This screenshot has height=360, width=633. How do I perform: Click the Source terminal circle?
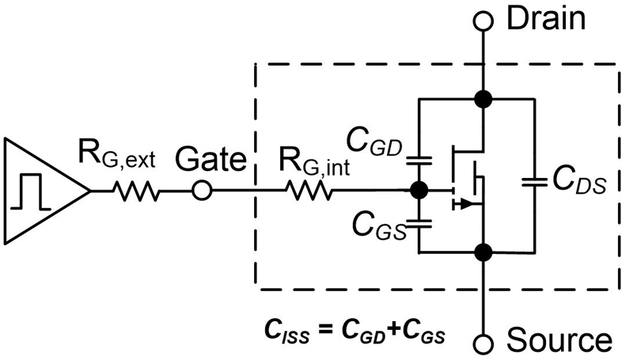tap(481, 342)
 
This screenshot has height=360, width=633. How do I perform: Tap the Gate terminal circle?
tap(203, 191)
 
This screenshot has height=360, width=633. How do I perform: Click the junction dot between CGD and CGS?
tap(419, 191)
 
